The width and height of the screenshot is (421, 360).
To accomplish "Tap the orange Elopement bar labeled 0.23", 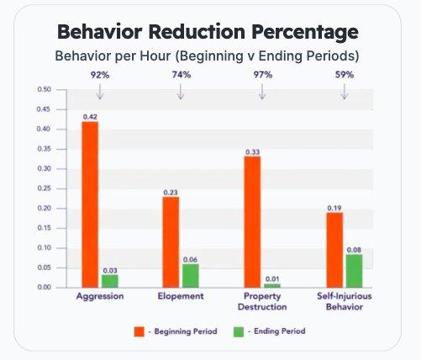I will [171, 241].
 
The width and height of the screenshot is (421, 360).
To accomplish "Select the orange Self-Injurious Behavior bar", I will [334, 250].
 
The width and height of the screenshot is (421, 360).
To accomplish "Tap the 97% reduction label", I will [262, 76].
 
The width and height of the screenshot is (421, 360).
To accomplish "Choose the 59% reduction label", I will [344, 76].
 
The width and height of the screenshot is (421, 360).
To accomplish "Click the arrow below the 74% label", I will [180, 93].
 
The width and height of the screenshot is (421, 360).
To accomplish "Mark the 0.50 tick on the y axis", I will [45, 89].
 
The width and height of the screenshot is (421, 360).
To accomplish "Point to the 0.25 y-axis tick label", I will [45, 188].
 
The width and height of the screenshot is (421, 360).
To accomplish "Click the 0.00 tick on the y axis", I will [45, 288].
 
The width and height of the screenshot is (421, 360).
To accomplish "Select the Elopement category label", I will [180, 298].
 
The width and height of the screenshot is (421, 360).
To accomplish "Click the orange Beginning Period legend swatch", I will [139, 331].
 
